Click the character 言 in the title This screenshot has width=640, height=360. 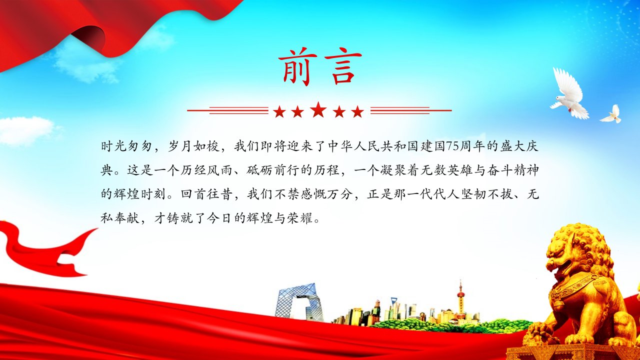(x=343, y=67)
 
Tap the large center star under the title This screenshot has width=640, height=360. (x=318, y=109)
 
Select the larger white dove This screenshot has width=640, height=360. (x=569, y=94)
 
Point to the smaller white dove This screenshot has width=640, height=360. (x=611, y=114)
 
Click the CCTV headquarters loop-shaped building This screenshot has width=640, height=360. (x=297, y=302)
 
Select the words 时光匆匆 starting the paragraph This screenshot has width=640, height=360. (x=126, y=146)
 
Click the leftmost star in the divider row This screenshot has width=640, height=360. (x=279, y=111)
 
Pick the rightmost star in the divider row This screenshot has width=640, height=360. (x=357, y=111)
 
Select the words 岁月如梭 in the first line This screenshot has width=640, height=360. (x=193, y=146)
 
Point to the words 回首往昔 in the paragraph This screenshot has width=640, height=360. (x=206, y=194)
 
